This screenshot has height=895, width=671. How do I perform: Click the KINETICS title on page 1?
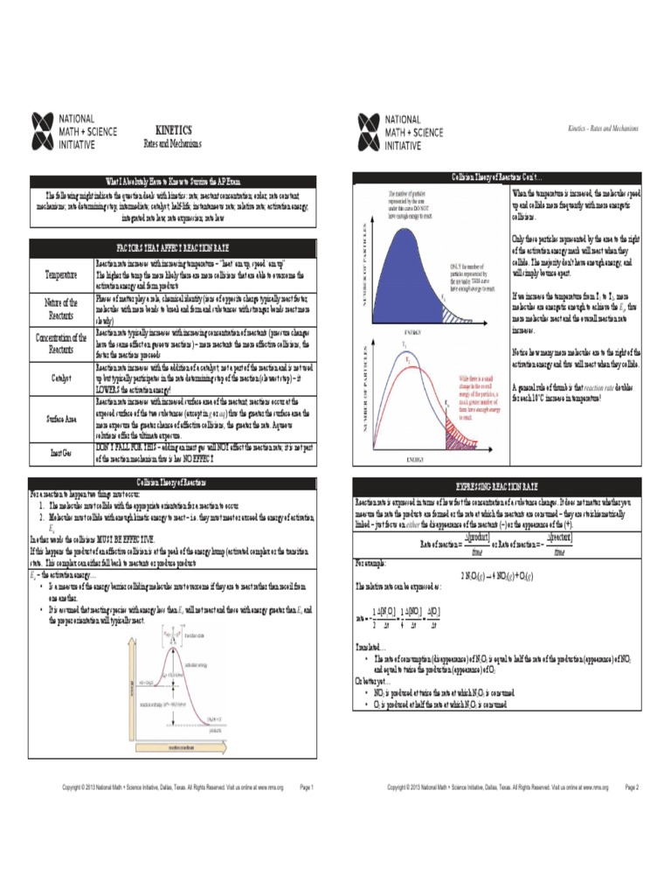click(x=173, y=129)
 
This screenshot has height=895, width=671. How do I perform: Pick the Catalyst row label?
click(x=60, y=379)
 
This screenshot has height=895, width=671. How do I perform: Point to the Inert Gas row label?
click(x=60, y=454)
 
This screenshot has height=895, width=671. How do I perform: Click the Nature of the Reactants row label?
click(x=60, y=308)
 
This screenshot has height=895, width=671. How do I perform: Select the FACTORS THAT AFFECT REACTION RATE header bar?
click(x=173, y=248)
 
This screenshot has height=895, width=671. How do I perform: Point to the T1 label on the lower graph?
click(x=405, y=345)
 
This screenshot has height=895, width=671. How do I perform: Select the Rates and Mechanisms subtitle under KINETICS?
click(x=173, y=143)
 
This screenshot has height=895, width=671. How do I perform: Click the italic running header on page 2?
click(x=603, y=128)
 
